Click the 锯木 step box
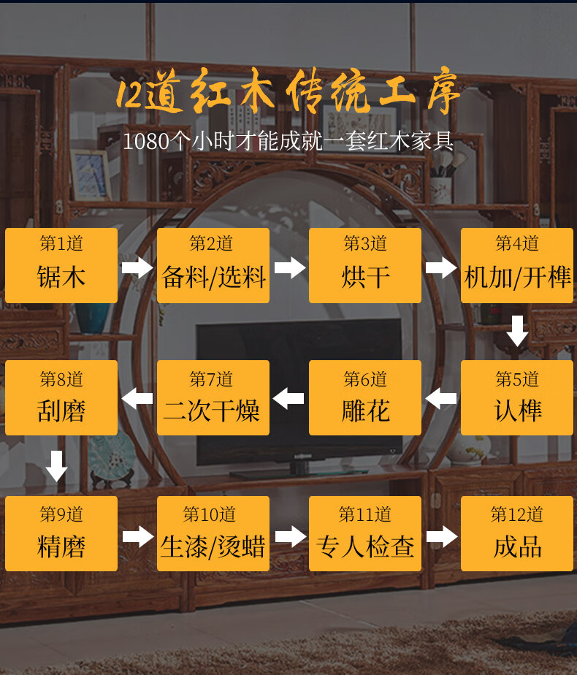pyautogui.click(x=61, y=266)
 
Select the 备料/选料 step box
pyautogui.click(x=213, y=266)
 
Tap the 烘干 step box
pyautogui.click(x=365, y=266)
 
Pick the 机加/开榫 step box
pyautogui.click(x=517, y=266)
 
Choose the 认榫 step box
pyautogui.click(x=517, y=398)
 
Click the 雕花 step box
pyautogui.click(x=365, y=398)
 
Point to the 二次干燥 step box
pyautogui.click(x=213, y=398)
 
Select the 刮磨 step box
pyautogui.click(x=61, y=398)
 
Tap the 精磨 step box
pyautogui.click(x=61, y=534)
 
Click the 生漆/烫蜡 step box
pyautogui.click(x=213, y=534)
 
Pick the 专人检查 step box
pyautogui.click(x=365, y=534)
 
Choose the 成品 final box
pyautogui.click(x=517, y=534)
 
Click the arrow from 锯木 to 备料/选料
pyautogui.click(x=137, y=267)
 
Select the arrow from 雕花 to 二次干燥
pyautogui.click(x=289, y=399)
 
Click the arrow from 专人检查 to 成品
pyautogui.click(x=441, y=537)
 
